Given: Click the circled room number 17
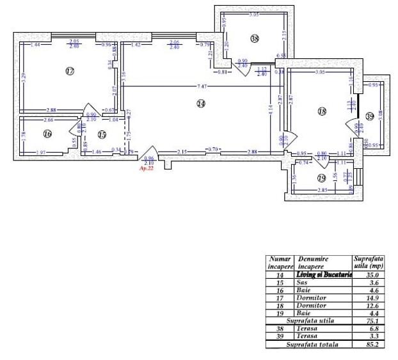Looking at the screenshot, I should click(x=70, y=71).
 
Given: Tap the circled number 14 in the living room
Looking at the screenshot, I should click(x=201, y=104).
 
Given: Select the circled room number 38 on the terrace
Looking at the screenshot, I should click(x=255, y=39).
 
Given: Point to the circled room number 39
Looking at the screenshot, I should click(x=369, y=116).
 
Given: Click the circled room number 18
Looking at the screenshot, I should click(x=322, y=111).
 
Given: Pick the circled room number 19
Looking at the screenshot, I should click(x=321, y=178).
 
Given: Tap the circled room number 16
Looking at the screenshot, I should click(x=47, y=134).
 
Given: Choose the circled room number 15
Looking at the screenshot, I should click(x=102, y=134).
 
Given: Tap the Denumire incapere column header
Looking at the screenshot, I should click(x=313, y=262).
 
